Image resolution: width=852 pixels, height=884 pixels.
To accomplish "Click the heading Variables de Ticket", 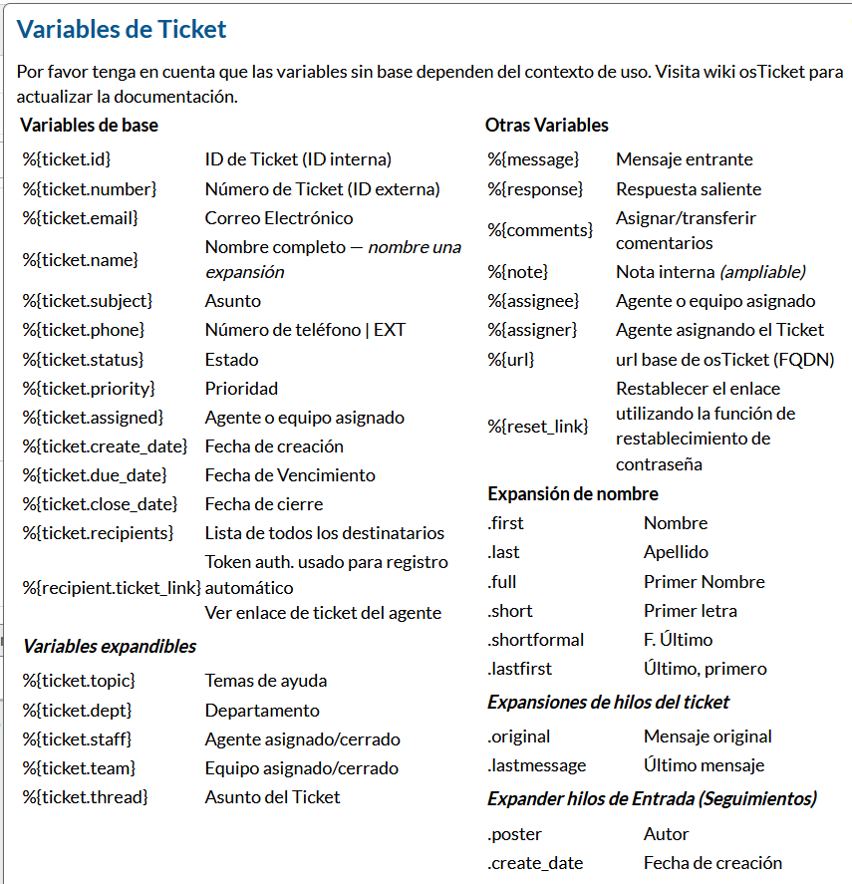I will [122, 29].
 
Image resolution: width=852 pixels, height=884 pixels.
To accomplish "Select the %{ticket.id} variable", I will [67, 159].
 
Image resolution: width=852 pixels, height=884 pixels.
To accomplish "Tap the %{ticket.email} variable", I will [81, 218].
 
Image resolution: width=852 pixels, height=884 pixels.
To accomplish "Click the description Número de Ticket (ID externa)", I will [322, 189].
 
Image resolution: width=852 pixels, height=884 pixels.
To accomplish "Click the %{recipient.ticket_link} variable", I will [112, 588].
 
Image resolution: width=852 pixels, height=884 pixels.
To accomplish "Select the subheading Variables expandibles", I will [110, 647].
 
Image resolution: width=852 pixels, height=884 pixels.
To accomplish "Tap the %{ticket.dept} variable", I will [78, 711].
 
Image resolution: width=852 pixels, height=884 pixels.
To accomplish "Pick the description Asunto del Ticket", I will [272, 797].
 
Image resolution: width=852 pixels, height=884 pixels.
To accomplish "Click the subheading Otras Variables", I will [547, 126].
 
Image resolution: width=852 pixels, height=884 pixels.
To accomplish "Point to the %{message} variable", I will [533, 159].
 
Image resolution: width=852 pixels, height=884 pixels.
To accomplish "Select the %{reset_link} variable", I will [538, 427].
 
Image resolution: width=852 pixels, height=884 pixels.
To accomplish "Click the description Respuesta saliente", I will [689, 189].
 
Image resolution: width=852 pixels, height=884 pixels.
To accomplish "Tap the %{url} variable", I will [511, 360].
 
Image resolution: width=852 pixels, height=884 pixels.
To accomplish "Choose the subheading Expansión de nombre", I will [573, 494].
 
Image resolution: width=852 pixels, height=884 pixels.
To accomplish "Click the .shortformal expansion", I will [536, 640].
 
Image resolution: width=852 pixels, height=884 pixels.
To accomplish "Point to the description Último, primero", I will [706, 669].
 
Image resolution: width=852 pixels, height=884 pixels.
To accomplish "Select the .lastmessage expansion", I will [537, 765].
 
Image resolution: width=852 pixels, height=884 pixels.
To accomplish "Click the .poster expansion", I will [515, 834].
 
